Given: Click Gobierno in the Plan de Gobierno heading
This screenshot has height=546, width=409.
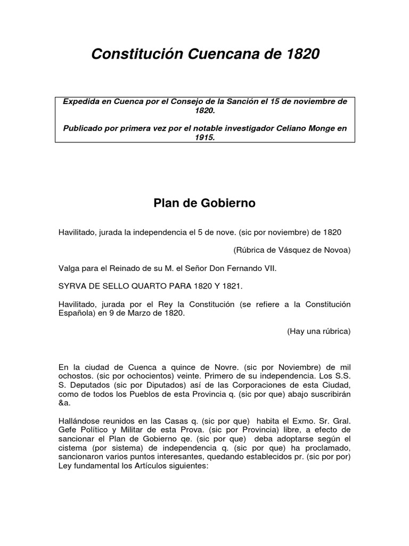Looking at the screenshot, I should point(228,203).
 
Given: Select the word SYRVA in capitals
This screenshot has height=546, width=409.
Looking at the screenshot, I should point(72,286).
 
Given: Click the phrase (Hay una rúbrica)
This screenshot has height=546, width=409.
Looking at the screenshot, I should point(319,331).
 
